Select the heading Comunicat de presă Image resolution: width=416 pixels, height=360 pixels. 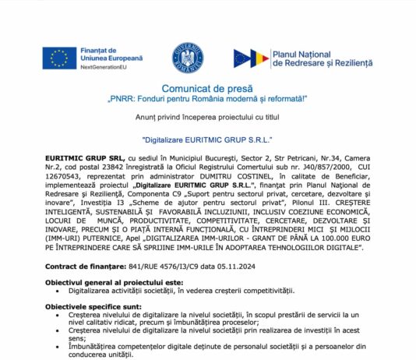pos(206,91)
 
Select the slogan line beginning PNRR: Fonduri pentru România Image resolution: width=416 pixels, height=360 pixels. pos(206,101)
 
